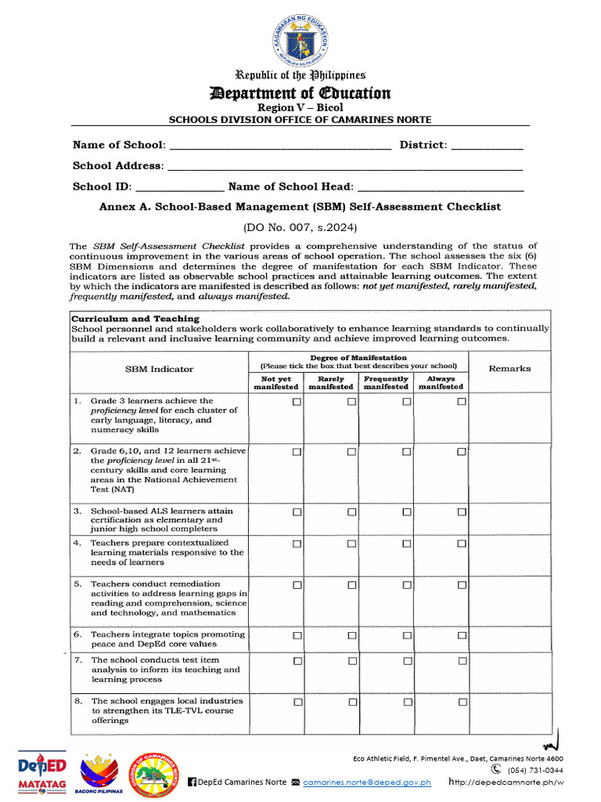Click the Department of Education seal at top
click(x=300, y=39)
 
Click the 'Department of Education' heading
click(x=300, y=94)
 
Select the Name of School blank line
click(x=279, y=146)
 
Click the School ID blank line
click(x=180, y=188)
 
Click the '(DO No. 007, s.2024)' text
click(x=300, y=227)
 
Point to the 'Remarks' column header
click(x=509, y=368)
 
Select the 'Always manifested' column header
click(x=441, y=382)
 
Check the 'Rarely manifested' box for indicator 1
click(x=351, y=402)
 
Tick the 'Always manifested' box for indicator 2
click(x=462, y=452)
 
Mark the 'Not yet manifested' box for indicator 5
click(x=297, y=585)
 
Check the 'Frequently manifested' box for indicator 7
click(x=407, y=661)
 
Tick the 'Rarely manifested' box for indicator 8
click(x=351, y=703)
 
